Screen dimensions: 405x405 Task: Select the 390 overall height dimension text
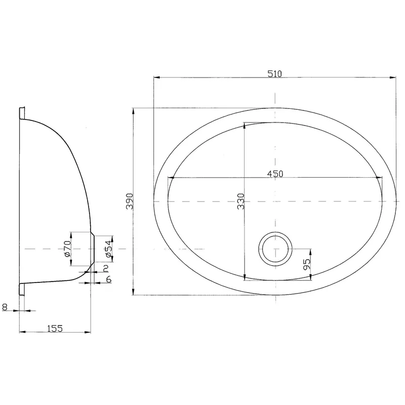pos(129,201)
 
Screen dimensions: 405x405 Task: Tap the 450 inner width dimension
pos(274,174)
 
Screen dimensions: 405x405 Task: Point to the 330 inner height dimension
pos(240,201)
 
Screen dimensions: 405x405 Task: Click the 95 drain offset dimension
pos(306,264)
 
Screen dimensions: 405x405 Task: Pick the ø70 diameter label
pos(67,249)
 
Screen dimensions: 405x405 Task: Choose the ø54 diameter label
pos(107,249)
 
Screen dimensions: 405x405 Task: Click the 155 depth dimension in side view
pos(55,329)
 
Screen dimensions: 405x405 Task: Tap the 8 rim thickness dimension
pos(5,306)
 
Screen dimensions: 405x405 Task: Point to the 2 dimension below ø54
pos(106,268)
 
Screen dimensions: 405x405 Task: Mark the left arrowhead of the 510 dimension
pos(156,78)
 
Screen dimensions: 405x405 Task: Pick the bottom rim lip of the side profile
pos(22,288)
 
